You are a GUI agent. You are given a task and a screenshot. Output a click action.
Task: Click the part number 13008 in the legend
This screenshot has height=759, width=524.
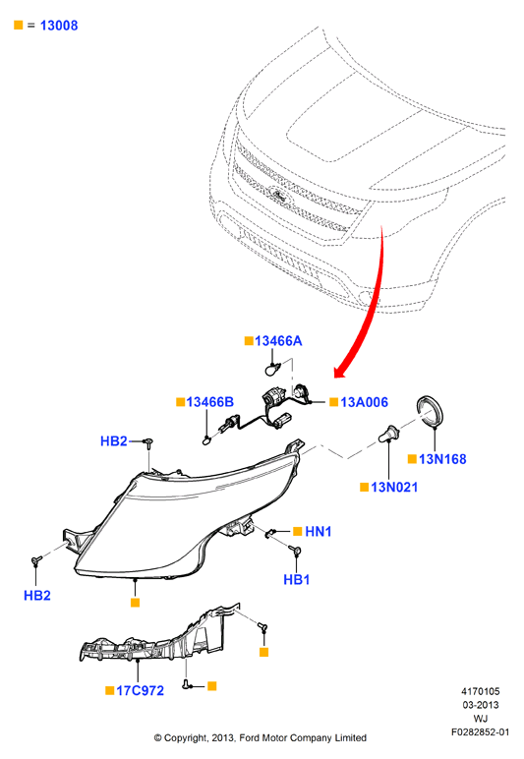[x=59, y=26]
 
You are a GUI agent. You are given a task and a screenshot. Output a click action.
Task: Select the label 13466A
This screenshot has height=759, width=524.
[x=278, y=341]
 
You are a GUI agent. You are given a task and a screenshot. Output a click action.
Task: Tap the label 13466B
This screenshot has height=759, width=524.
[x=210, y=402]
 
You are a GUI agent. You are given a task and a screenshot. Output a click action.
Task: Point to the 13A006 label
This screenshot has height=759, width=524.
[x=364, y=402]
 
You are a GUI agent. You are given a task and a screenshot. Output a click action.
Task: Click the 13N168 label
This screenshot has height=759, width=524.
[x=442, y=459]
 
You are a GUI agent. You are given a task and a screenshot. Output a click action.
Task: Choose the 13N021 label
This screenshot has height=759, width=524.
[x=394, y=488]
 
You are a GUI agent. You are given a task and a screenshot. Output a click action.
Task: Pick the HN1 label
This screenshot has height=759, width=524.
[x=319, y=532]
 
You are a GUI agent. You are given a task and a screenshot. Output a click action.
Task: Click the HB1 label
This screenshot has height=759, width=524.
[x=297, y=580]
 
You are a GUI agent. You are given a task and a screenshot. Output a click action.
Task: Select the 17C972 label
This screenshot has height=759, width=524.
[x=140, y=691]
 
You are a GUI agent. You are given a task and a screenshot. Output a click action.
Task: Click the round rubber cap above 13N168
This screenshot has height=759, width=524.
[x=430, y=411]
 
